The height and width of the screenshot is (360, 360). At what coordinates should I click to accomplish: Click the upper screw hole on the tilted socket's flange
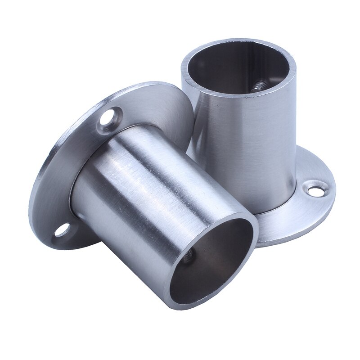click(x=108, y=119)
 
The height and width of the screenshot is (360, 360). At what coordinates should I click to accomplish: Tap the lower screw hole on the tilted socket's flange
click(x=61, y=230)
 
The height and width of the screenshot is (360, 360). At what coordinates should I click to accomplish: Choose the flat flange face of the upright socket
click(x=297, y=211)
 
